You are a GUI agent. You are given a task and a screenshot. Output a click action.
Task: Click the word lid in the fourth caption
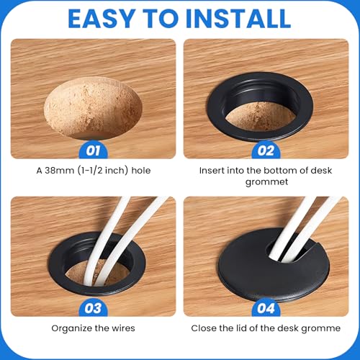[242, 328]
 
